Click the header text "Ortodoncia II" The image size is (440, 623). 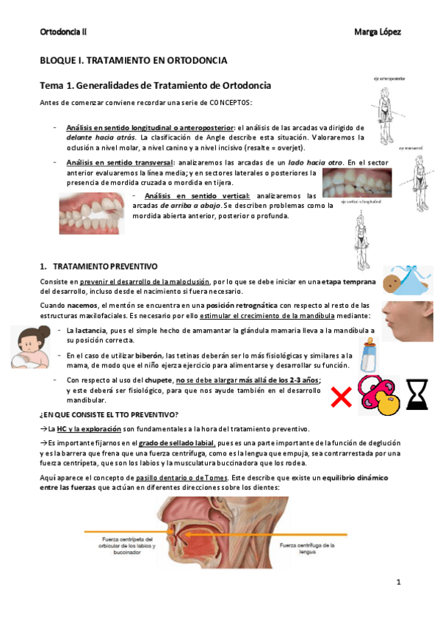click(x=62, y=32)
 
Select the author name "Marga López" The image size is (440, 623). click(x=377, y=32)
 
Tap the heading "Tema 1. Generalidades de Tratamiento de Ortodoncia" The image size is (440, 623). click(x=155, y=85)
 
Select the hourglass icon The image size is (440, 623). click(x=418, y=392)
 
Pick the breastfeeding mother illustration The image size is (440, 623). click(x=35, y=344)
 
